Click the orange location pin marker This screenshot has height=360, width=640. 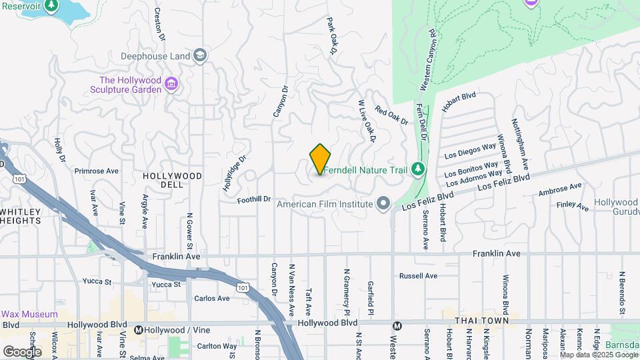(320, 159)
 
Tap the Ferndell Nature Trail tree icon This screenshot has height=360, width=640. (418, 169)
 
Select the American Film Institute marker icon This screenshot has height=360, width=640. (383, 203)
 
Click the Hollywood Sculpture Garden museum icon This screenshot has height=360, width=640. (171, 85)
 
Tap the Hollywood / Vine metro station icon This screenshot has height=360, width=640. (139, 329)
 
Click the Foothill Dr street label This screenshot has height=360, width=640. (256, 199)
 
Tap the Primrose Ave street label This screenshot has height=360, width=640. (96, 171)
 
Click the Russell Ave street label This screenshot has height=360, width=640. (418, 275)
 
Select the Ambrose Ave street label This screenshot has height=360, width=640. (560, 190)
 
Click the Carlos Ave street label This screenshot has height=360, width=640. (211, 298)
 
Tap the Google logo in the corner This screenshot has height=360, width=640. (22, 351)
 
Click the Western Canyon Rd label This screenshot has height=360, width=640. (427, 60)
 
